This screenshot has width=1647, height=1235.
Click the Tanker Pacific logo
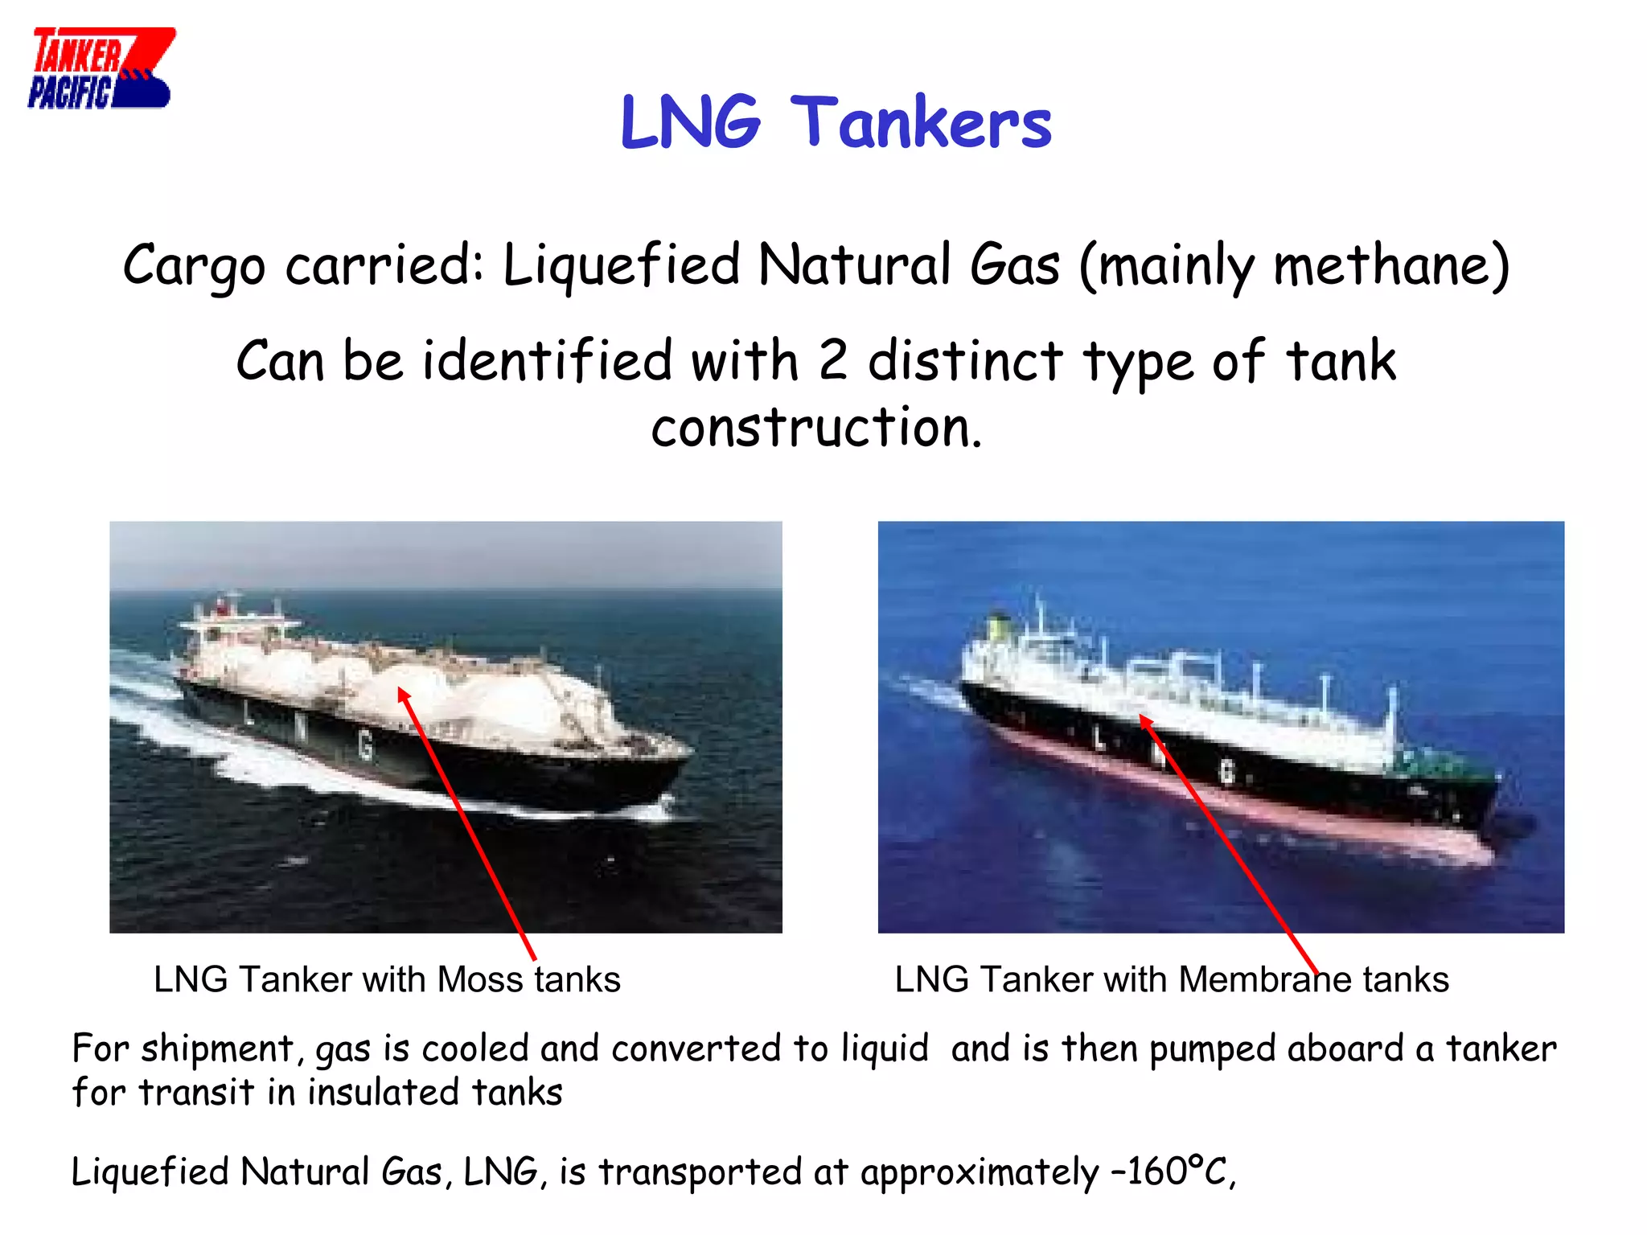pyautogui.click(x=101, y=68)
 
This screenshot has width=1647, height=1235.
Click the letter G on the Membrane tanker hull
pyautogui.click(x=1226, y=772)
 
